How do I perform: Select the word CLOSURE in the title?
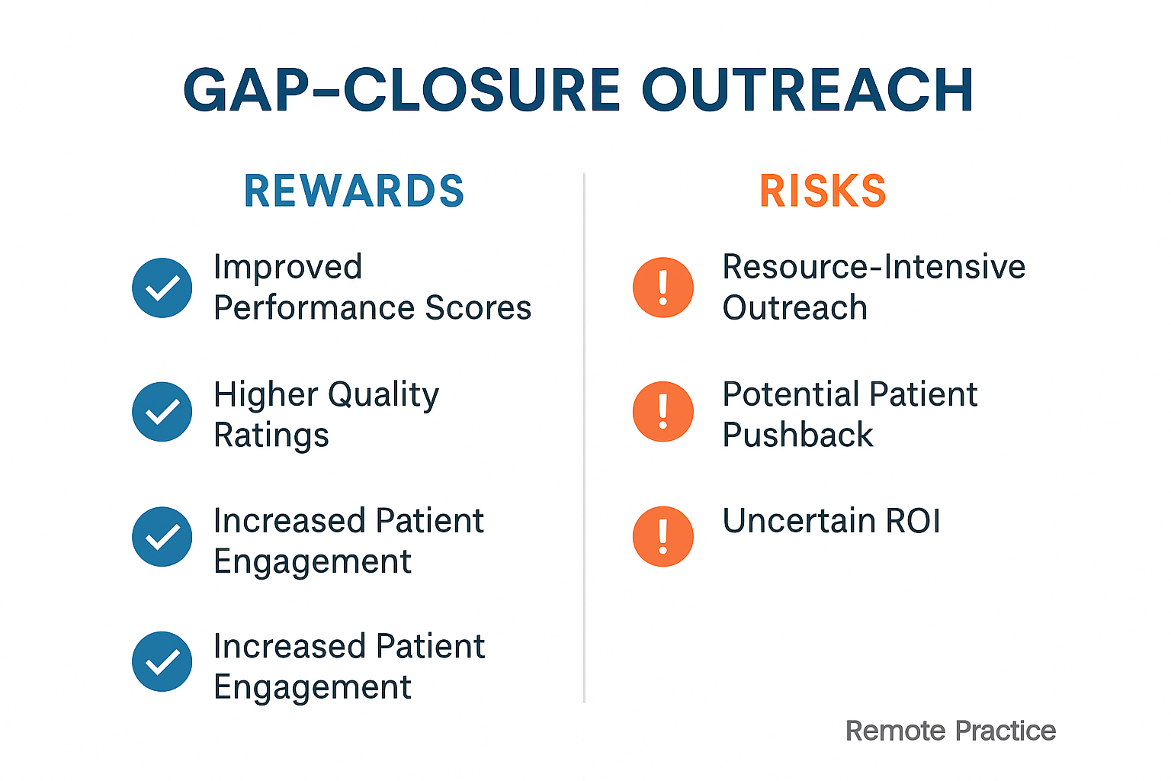(482, 90)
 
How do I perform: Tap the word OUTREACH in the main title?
(807, 90)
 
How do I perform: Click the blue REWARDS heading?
(354, 191)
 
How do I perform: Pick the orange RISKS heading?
(823, 191)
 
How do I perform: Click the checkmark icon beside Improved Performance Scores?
(162, 288)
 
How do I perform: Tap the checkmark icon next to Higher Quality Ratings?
(162, 412)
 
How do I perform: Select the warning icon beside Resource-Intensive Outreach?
(662, 288)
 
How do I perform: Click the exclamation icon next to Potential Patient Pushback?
(662, 412)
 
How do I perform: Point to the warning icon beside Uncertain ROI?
(662, 536)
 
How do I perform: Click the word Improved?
(287, 268)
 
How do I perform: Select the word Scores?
(478, 308)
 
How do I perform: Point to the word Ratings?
(271, 435)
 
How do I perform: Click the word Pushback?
(797, 435)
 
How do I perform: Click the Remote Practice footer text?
(950, 731)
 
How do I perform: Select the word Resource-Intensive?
(874, 268)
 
